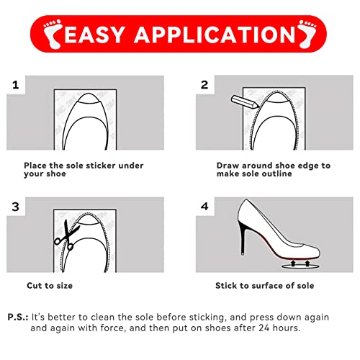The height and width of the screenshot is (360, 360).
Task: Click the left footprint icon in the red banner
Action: tap(53, 34)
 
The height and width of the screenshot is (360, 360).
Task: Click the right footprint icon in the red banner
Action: tap(307, 34)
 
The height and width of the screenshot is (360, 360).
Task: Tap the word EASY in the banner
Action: tap(94, 35)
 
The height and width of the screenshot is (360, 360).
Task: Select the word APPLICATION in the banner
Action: tap(215, 35)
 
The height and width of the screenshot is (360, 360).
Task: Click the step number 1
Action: tap(16, 85)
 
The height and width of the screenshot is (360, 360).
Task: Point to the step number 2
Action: tap(204, 85)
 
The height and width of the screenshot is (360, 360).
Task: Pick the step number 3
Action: tap(16, 207)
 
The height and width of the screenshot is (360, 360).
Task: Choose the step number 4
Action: tap(204, 207)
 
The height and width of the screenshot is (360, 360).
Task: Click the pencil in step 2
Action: tap(245, 102)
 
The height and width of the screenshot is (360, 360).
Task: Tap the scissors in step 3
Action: tap(66, 235)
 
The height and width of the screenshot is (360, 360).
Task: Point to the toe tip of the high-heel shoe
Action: tap(319, 253)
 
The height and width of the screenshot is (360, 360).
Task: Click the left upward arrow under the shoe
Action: tap(293, 264)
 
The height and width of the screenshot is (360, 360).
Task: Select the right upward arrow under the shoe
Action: tap(307, 264)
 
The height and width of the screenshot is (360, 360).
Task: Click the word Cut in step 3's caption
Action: tap(33, 286)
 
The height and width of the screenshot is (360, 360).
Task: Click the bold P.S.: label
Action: tap(18, 317)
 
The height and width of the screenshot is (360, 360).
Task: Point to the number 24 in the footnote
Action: tap(264, 328)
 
